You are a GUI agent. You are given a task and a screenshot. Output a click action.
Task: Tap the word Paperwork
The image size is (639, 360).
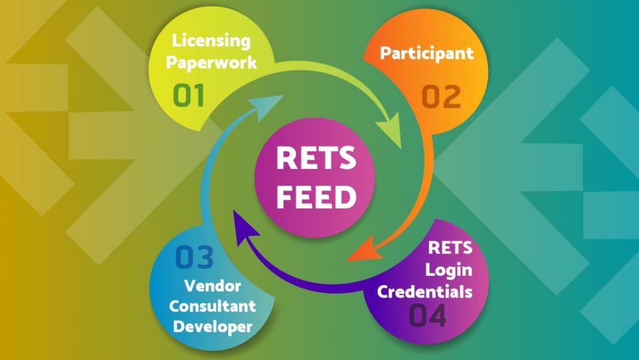(x=212, y=63)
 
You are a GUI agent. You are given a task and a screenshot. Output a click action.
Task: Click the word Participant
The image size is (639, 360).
(x=427, y=52)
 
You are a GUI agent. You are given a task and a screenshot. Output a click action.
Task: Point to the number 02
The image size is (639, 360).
(x=441, y=97)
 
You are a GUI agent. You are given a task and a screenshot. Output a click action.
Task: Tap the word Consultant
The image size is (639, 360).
(x=213, y=306)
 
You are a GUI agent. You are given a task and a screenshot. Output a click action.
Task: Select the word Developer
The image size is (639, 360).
(x=213, y=326)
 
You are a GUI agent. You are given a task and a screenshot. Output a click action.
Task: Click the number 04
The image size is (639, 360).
(x=428, y=315)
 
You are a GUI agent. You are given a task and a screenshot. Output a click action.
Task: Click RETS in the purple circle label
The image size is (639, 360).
(x=450, y=248)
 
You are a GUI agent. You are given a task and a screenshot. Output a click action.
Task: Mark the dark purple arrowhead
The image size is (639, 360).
(x=243, y=226)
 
